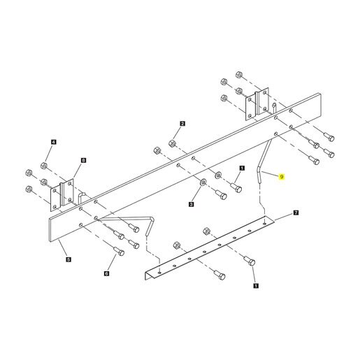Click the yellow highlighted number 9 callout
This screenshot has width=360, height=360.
click(x=282, y=177)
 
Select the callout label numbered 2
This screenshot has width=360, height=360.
click(x=182, y=124)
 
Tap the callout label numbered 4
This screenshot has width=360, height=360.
click(x=54, y=142)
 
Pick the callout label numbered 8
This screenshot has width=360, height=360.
click(x=83, y=160)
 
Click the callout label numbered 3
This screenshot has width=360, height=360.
click(x=191, y=204)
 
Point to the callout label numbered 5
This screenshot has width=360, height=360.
click(x=69, y=259)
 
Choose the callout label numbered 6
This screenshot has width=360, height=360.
click(x=106, y=273)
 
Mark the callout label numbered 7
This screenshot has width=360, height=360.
click(x=296, y=213)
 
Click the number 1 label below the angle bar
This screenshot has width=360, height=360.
click(x=256, y=285)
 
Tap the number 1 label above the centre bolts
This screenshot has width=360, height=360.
click(x=242, y=168)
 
